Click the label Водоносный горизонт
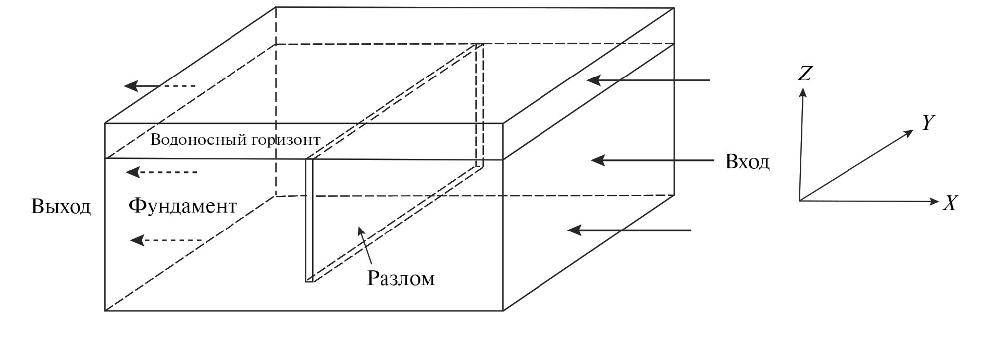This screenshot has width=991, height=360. [x=235, y=140]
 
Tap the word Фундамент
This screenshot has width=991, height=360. [x=182, y=206]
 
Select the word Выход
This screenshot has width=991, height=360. [x=61, y=207]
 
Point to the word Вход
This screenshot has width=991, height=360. [x=747, y=162]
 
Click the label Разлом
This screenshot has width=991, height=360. [x=401, y=279]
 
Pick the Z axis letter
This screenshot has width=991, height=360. [x=804, y=74]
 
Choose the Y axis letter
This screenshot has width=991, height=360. [x=927, y=123]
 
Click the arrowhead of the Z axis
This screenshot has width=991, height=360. [x=803, y=92]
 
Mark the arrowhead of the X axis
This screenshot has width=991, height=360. [x=934, y=202]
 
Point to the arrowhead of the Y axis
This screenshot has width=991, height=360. [x=909, y=132]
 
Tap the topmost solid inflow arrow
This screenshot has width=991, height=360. [x=649, y=80]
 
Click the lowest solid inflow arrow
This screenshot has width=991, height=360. [x=629, y=230]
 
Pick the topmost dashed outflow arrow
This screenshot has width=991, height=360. [x=159, y=86]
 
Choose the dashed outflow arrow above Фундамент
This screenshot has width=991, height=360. [x=162, y=172]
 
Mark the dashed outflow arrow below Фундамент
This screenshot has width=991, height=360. [x=166, y=240]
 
